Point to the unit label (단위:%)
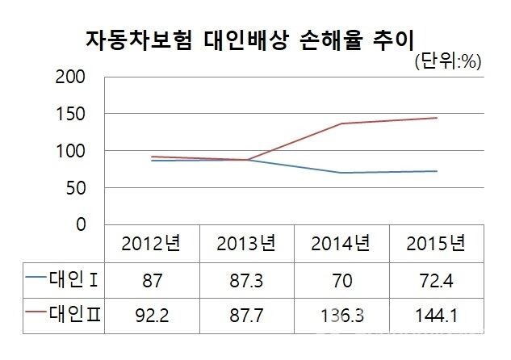pos(447,61)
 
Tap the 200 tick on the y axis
pos(69,77)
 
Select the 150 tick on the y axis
pos(69,115)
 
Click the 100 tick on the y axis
pos(69,152)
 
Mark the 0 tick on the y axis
pos(80,225)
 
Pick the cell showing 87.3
pos(247,279)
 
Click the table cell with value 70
pos(342,279)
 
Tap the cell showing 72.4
pos(437,279)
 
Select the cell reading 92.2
pos(153,313)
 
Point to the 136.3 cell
pos(342,313)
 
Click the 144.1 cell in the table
pos(437,313)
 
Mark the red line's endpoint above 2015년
pos(437,118)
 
